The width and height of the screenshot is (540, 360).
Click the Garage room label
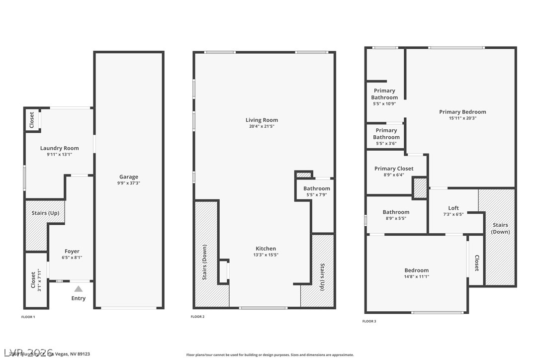(129, 177)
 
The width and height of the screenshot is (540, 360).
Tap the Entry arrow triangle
(79, 288)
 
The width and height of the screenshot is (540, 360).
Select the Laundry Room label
(60, 148)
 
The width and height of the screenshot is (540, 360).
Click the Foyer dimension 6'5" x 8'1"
(72, 258)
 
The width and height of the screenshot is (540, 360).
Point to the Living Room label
(262, 120)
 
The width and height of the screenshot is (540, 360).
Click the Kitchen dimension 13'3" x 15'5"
(266, 255)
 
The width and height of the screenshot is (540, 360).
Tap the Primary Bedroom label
(462, 112)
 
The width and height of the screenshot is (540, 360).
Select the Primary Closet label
(394, 169)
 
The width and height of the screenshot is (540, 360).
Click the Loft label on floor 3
(453, 208)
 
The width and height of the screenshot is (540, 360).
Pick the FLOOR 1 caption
(28, 317)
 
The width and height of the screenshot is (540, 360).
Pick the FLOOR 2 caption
(198, 317)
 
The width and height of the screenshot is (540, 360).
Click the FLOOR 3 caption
(369, 321)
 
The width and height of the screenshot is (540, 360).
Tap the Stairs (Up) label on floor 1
(46, 213)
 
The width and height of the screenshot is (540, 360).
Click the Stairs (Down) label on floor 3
(500, 228)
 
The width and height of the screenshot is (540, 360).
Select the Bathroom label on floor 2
(317, 188)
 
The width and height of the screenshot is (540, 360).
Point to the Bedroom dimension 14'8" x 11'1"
(416, 277)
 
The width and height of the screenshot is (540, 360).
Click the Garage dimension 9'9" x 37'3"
(129, 183)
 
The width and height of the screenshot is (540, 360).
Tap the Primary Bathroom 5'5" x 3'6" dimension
(386, 144)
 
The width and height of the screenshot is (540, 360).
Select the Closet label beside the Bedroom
(476, 264)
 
